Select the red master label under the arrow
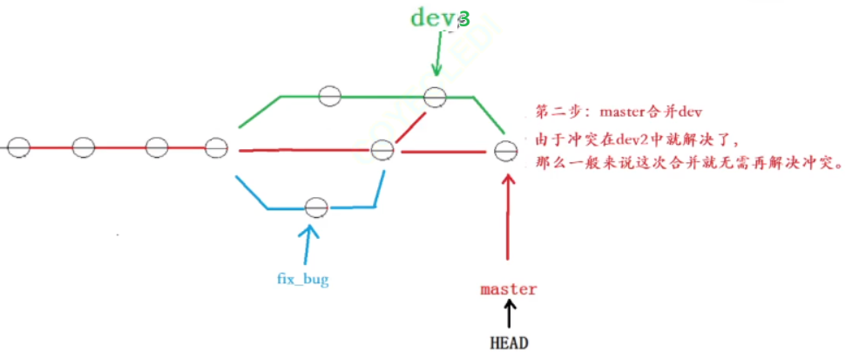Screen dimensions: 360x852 508,289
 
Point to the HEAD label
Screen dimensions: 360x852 509,343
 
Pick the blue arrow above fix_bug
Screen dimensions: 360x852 308,246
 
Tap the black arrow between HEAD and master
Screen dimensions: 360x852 509,314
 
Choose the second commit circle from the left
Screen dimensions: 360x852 83,146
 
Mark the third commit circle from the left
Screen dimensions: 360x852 156,146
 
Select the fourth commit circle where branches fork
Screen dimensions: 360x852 218,146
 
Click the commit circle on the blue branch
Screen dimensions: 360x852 315,207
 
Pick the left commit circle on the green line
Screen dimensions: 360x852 328,96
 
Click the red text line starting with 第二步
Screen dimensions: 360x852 619,112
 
